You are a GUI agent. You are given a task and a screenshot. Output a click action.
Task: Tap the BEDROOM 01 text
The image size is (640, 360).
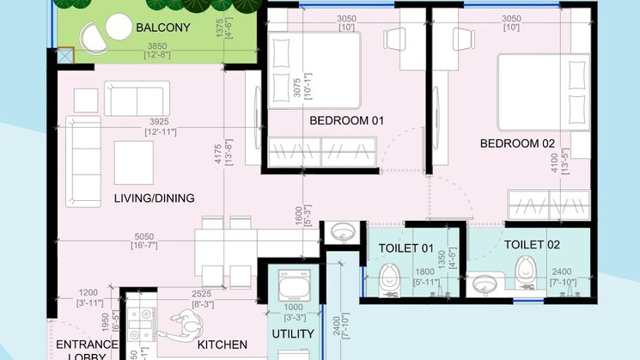click(345, 120)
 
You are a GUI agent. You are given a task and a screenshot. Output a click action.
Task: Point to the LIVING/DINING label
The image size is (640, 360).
click(154, 198)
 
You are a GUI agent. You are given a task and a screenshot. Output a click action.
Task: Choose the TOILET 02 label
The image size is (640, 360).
click(532, 245)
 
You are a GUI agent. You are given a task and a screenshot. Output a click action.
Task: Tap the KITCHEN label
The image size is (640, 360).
click(222, 345)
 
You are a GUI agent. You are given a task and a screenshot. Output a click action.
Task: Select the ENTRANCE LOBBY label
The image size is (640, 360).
click(82, 350)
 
